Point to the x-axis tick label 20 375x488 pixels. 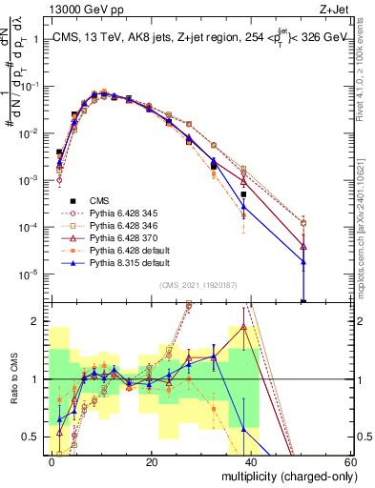(152, 461)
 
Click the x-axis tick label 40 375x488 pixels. (251, 461)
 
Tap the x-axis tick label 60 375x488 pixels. (350, 461)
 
